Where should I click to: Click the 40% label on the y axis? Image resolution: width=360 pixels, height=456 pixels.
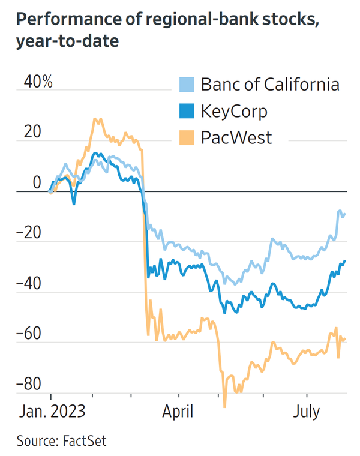click(x=38, y=82)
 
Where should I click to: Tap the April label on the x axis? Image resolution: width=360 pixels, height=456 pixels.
click(x=179, y=412)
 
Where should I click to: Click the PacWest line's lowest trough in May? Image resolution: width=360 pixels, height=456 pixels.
click(x=225, y=407)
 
